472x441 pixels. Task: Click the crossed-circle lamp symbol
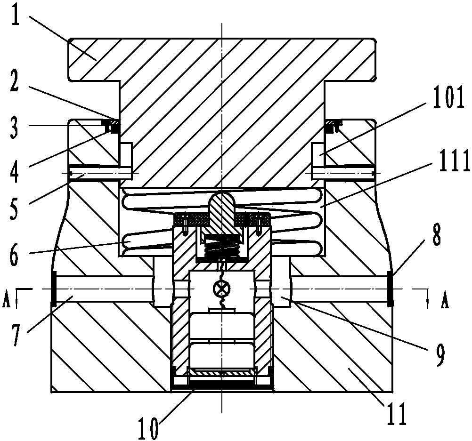[x=221, y=289]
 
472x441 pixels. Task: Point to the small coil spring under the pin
[x=221, y=246]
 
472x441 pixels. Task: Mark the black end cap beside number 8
[x=391, y=289]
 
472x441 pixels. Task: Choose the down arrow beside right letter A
[x=427, y=298]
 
